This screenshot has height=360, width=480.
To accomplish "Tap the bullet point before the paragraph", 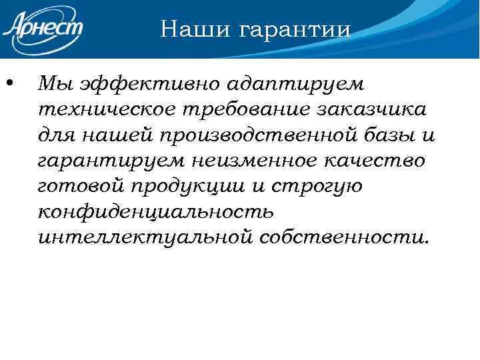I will [x=9, y=84].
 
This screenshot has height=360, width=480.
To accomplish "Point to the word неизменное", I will [x=260, y=161].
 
